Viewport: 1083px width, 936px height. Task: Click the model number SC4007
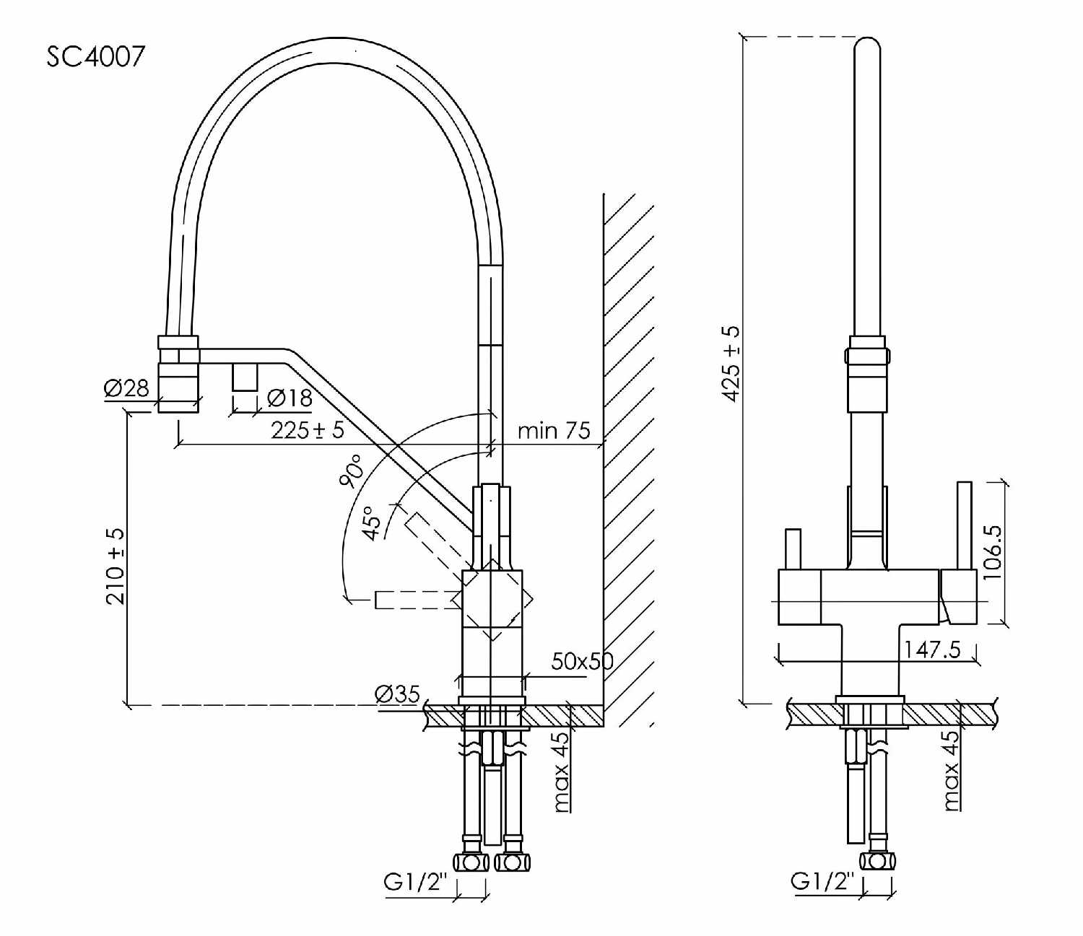(x=95, y=56)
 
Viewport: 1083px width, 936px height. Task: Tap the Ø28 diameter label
(x=126, y=389)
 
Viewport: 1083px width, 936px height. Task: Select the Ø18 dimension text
(x=290, y=398)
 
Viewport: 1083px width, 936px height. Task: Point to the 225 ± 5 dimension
(x=308, y=430)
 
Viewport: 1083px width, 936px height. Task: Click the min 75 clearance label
(x=554, y=431)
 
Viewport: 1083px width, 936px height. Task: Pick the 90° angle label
(x=351, y=471)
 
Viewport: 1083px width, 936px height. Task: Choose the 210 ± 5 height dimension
(x=115, y=567)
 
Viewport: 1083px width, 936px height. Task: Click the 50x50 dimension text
(x=582, y=662)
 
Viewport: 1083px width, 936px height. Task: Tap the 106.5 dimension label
(x=992, y=551)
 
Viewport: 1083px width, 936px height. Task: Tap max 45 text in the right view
(x=951, y=771)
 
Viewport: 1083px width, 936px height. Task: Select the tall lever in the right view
(x=964, y=525)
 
